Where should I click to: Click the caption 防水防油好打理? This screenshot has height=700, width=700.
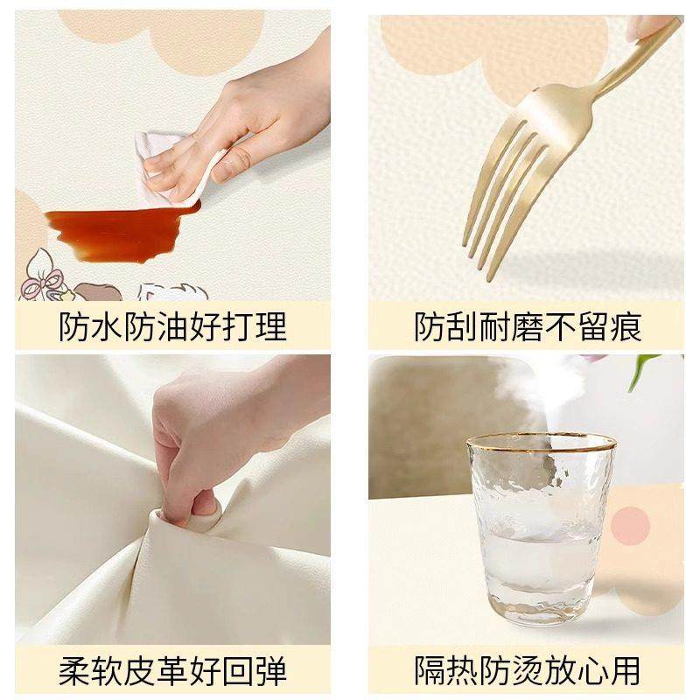point(172,326)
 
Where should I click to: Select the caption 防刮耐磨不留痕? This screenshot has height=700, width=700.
point(527,326)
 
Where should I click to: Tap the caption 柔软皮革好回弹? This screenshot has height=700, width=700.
point(172,671)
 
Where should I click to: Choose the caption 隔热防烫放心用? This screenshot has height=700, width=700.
point(527,671)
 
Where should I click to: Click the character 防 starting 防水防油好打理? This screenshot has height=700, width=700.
point(76,326)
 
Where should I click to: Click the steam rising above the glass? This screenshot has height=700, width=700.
point(534,385)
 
